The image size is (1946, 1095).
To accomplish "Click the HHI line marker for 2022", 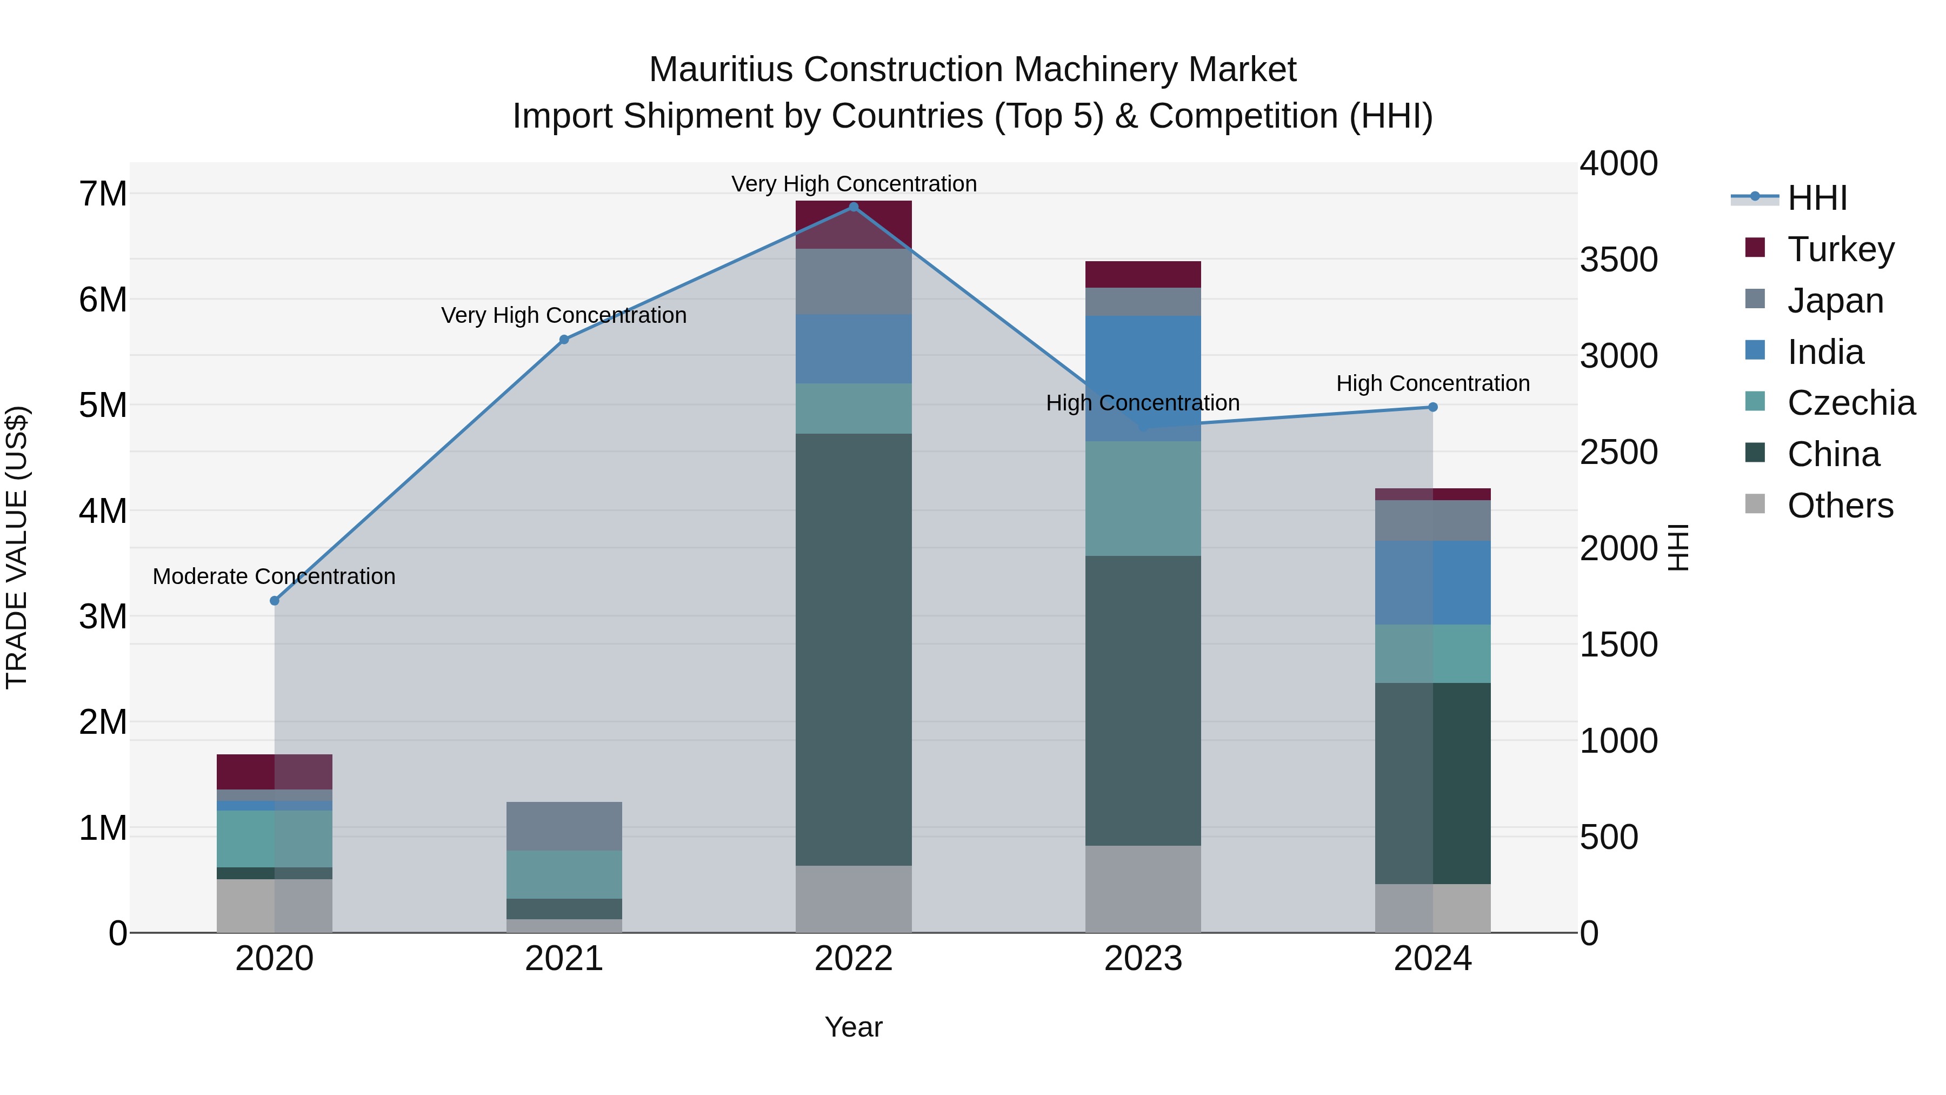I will (854, 207).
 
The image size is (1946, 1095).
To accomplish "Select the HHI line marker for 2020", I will (274, 601).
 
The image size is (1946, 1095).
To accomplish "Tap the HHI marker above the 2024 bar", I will (1432, 407).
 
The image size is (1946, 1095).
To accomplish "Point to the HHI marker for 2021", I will (564, 340).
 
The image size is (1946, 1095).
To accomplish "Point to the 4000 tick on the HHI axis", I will (1618, 164).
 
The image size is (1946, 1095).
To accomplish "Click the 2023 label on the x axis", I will (1143, 959).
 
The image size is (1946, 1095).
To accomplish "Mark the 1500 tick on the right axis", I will (1618, 645).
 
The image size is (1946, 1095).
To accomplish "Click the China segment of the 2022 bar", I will (854, 650).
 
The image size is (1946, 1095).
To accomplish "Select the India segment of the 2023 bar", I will (1143, 378).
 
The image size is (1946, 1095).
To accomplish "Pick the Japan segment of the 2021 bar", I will (564, 826).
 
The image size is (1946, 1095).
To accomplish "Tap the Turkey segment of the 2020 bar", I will (274, 772).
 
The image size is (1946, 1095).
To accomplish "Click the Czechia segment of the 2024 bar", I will (1432, 654).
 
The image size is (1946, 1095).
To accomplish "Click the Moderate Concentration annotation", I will (274, 576).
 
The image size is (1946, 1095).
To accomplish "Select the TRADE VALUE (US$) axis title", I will (17, 547).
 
